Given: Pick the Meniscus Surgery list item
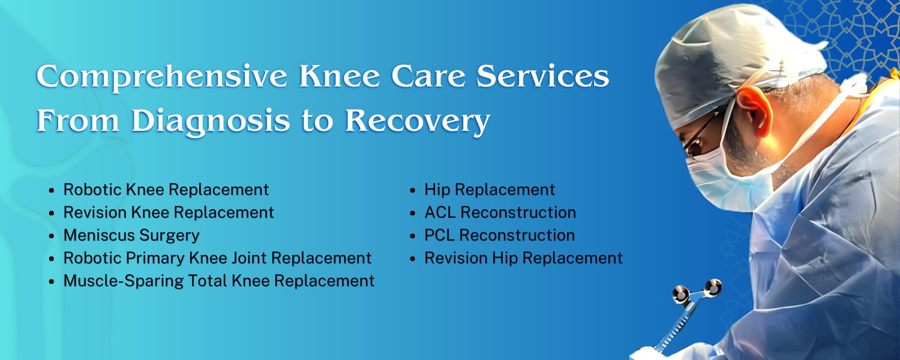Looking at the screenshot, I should tap(131, 235).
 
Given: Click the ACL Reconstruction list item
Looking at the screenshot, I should tap(500, 212).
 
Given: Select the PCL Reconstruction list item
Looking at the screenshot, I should tap(499, 235).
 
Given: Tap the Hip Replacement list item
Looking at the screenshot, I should tap(490, 190).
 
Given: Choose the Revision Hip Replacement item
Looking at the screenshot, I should tap(523, 258).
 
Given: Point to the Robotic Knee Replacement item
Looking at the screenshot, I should tap(166, 190).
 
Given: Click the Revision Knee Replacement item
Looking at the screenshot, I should tap(169, 212).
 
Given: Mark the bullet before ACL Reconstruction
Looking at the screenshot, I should tap(413, 213).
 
